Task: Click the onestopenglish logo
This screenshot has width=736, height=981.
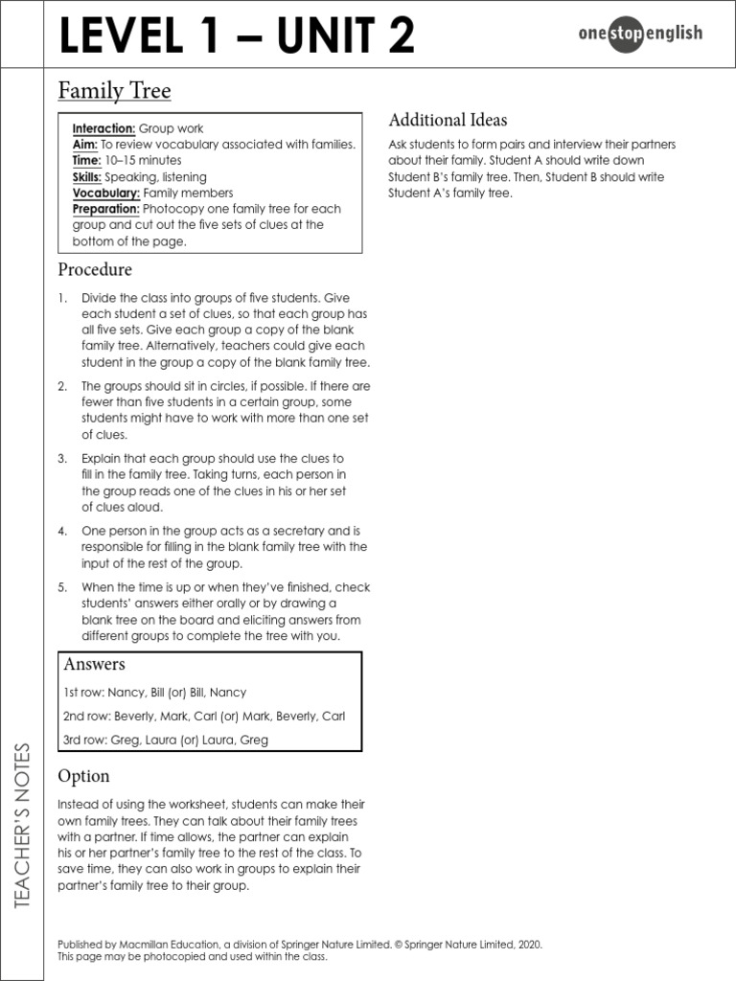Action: [x=640, y=34]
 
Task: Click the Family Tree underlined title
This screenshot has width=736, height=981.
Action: [x=114, y=91]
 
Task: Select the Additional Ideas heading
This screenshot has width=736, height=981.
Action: [x=448, y=121]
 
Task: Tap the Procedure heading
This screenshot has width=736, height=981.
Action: [x=95, y=270]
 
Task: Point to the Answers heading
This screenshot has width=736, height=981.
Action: [x=94, y=665]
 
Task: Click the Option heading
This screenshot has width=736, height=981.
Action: [x=83, y=776]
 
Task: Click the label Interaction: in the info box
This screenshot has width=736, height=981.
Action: [x=104, y=128]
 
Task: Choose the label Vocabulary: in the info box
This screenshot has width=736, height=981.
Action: [x=105, y=193]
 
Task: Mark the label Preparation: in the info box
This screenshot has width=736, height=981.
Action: [x=106, y=209]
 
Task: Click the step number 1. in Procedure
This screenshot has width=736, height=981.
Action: [x=62, y=298]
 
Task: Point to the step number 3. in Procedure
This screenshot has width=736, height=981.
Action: [x=62, y=459]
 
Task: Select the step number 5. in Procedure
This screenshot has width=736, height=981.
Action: [x=62, y=587]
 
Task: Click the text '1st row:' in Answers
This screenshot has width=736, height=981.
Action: [x=83, y=693]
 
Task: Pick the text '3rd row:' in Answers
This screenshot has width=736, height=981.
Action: [x=84, y=740]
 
